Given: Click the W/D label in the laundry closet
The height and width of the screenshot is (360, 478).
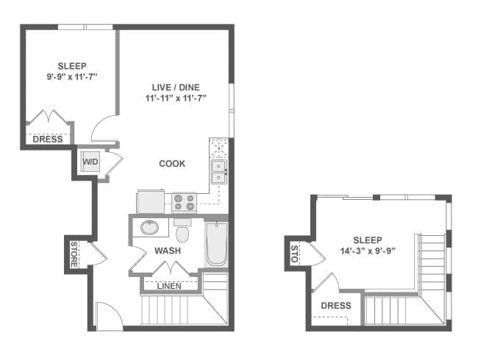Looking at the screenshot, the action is point(90,162).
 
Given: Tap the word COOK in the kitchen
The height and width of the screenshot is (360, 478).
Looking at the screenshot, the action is point(172,164).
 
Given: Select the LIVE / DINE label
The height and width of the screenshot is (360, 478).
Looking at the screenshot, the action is point(176,87).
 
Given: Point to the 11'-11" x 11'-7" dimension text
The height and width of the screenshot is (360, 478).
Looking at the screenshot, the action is point(176,98).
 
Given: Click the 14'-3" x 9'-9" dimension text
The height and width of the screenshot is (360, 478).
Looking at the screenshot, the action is point(368,251).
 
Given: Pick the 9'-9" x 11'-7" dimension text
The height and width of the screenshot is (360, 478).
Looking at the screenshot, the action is point(72,76).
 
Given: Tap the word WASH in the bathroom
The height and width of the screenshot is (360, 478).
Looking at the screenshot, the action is point(168,251).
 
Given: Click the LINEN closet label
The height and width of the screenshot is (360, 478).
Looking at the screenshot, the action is point(169,286).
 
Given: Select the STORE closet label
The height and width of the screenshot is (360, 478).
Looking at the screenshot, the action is point(74,255).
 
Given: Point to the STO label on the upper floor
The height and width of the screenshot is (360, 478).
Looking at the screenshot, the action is point(294,253).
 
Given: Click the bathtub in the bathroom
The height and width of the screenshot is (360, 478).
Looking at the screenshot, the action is point(217,244).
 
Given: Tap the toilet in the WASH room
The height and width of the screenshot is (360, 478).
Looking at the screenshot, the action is point(182,231).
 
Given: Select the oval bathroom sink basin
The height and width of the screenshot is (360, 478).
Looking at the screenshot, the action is point(149,228).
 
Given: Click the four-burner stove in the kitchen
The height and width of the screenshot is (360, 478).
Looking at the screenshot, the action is point(184,203).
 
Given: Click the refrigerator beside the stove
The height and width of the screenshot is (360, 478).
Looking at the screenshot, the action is point(151,201).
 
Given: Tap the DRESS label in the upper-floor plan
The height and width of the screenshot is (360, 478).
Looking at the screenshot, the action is point(336,306).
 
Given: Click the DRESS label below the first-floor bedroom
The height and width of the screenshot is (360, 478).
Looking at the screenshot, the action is point(48,139).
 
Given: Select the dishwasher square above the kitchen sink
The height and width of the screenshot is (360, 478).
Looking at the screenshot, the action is point(218,148).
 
